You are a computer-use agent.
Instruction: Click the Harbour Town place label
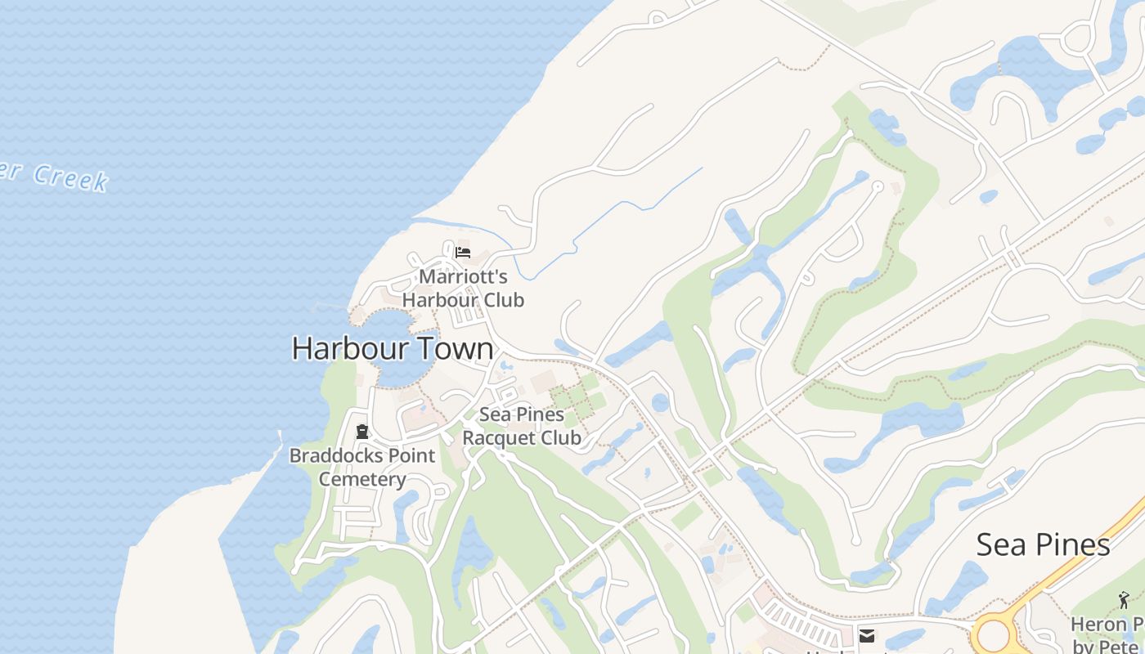click(x=393, y=349)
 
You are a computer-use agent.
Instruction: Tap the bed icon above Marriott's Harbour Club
click(x=463, y=252)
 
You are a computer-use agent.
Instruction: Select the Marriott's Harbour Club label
click(x=463, y=289)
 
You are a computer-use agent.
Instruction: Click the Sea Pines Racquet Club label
click(x=522, y=426)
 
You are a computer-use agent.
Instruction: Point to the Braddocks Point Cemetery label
click(x=362, y=467)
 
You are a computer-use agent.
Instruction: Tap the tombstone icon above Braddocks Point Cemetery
click(x=362, y=432)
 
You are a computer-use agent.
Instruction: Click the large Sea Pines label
click(x=1043, y=544)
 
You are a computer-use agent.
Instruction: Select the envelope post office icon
click(x=866, y=636)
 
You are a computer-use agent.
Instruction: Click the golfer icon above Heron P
click(x=1124, y=601)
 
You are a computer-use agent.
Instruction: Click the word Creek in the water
click(x=71, y=179)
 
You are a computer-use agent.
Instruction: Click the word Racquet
click(x=495, y=437)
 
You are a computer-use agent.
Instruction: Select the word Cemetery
click(x=362, y=479)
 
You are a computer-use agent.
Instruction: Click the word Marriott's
click(x=463, y=277)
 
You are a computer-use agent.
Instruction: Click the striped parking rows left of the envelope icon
click(x=801, y=625)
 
